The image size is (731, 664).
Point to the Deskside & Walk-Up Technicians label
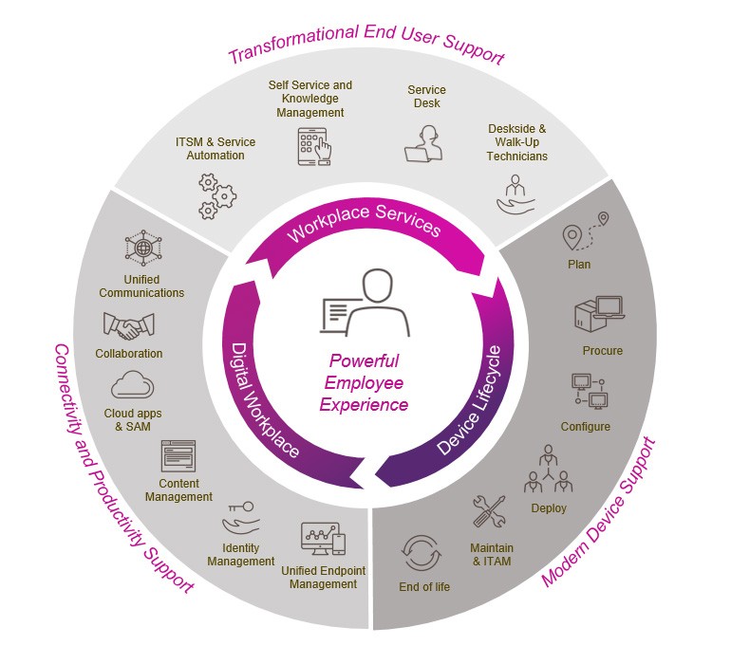516,142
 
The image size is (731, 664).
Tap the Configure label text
585,427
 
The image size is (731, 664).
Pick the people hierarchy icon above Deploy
548,469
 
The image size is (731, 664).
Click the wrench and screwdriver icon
490,511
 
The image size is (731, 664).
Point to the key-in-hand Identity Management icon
239,517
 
